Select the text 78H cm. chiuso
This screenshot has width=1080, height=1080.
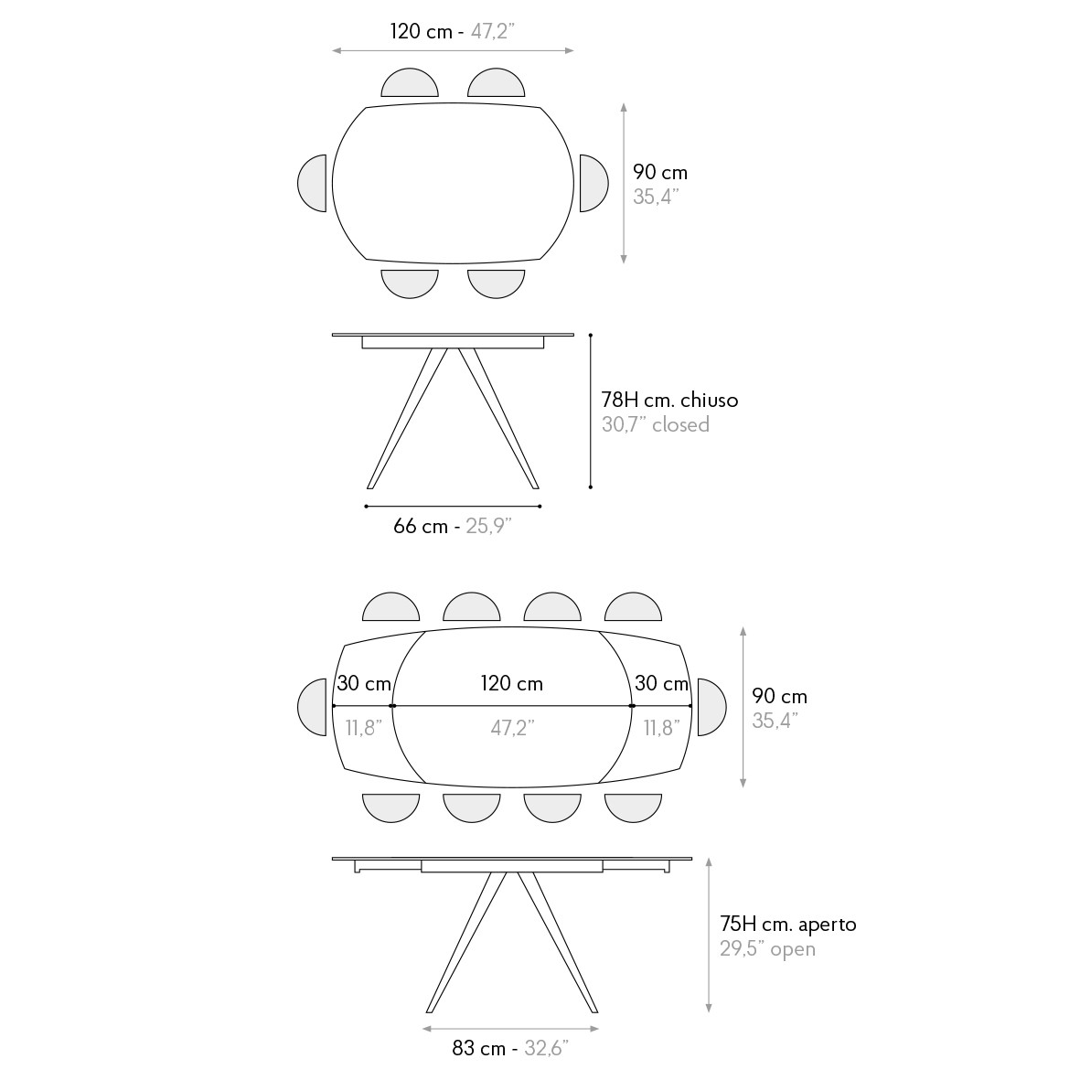(x=669, y=400)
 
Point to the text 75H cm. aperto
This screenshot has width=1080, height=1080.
(x=788, y=924)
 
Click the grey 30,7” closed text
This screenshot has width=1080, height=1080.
(x=655, y=424)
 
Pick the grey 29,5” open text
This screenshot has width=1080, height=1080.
(x=767, y=948)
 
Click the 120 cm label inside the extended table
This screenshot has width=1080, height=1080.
(x=512, y=683)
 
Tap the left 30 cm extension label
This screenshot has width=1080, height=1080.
(x=364, y=683)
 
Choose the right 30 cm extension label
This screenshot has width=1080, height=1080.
(x=661, y=683)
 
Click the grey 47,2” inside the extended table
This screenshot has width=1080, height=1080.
(x=512, y=727)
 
